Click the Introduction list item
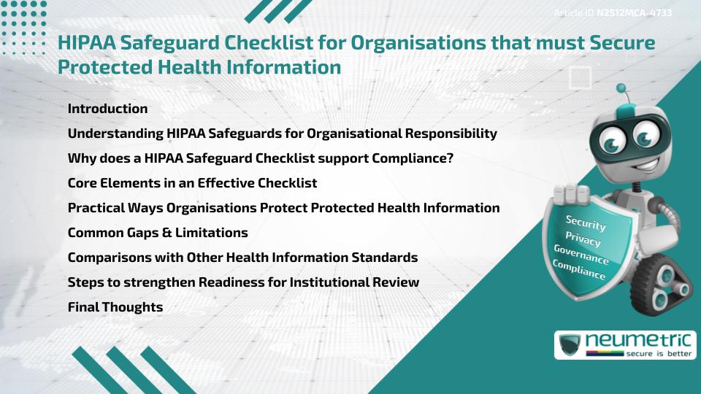click(107, 109)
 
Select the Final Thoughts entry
click(115, 307)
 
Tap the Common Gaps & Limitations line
click(158, 233)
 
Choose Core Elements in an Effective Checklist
click(192, 183)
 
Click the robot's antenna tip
click(622, 88)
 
